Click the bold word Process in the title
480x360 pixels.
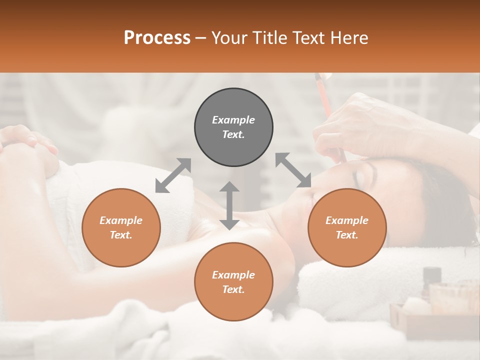coord(157,38)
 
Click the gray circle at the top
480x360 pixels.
coord(233,127)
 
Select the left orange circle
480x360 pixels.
coord(121,227)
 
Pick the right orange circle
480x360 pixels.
coord(347,227)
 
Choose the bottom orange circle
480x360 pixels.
coord(233,282)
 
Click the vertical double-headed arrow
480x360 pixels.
coord(229,205)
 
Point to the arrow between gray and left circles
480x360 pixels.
coord(173,175)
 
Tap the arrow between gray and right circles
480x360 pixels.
coord(293,170)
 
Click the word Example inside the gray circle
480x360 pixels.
coord(233,120)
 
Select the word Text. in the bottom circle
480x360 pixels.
coord(233,290)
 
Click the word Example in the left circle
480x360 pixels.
coord(121,220)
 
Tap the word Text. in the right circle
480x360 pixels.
coord(347,235)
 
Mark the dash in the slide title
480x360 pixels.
coord(200,38)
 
